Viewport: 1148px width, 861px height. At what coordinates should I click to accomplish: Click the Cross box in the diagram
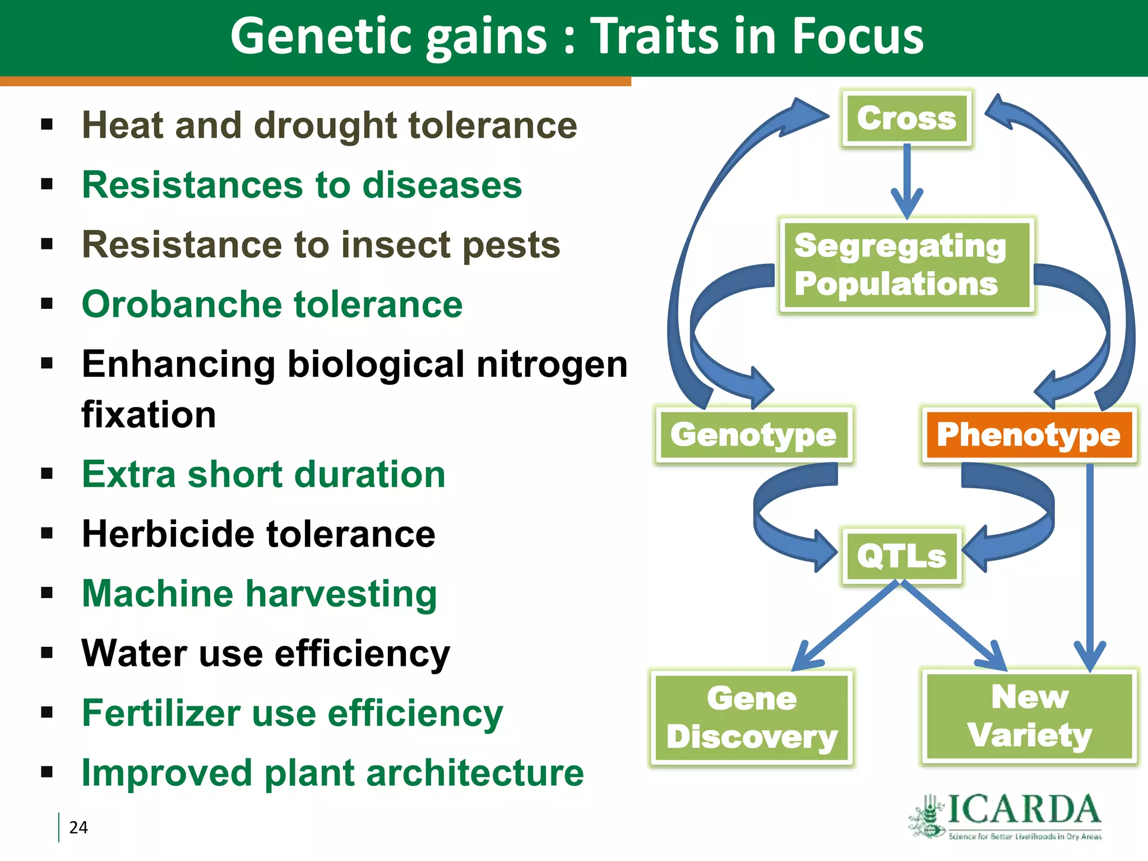tap(906, 118)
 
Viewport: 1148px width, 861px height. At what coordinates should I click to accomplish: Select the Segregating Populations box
tap(906, 265)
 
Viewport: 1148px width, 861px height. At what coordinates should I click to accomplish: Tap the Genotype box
tap(753, 435)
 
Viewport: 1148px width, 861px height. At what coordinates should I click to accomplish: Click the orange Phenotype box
tap(1029, 435)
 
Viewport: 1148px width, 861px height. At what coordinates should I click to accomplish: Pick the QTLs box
tap(901, 556)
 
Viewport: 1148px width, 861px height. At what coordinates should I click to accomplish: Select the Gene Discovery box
tap(752, 717)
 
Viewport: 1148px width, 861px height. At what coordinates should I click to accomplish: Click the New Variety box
tap(1029, 716)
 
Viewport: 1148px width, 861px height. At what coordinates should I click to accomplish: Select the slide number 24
tap(78, 827)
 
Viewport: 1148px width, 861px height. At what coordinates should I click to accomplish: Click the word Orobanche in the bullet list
tap(182, 304)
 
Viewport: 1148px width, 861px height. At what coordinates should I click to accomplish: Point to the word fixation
tap(149, 415)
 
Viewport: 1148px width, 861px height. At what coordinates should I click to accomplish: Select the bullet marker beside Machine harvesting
tap(47, 593)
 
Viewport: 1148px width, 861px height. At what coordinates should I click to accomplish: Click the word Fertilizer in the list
tap(161, 713)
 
